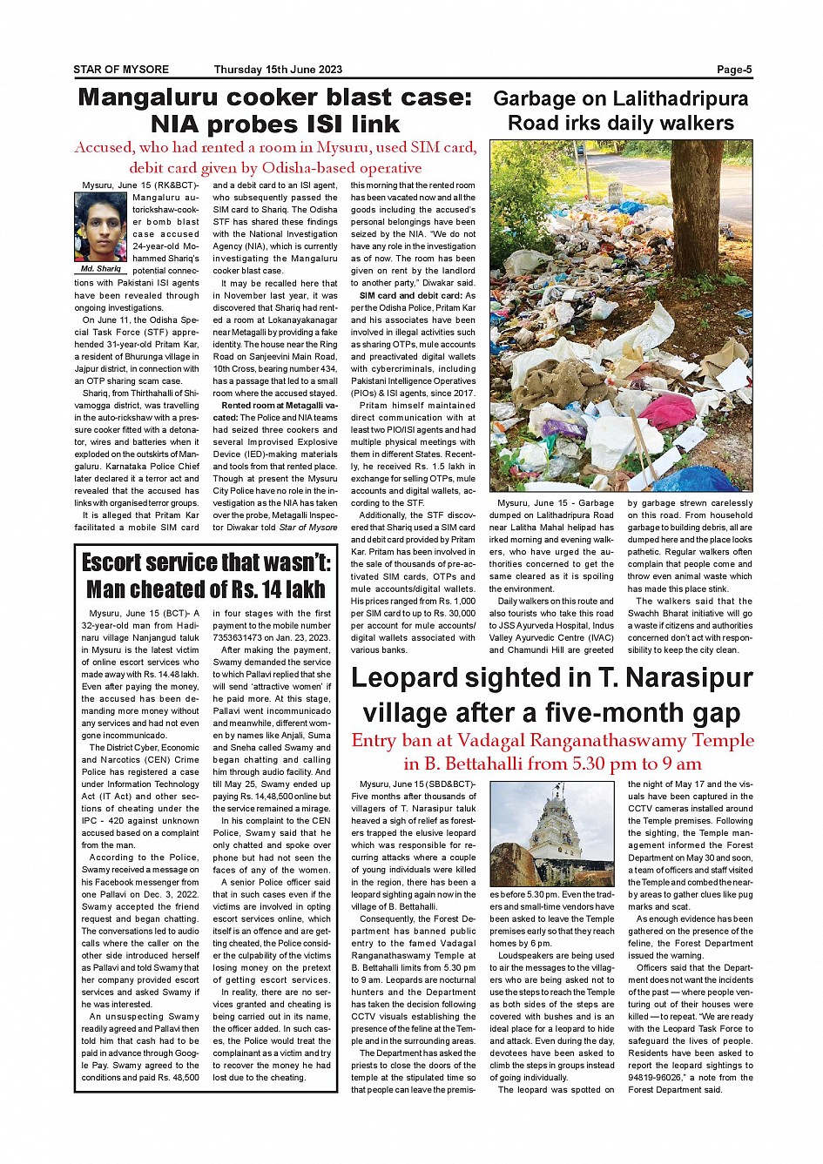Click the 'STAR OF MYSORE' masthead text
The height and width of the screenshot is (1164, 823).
[121, 70]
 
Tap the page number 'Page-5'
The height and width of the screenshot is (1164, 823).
[734, 70]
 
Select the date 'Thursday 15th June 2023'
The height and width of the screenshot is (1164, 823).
[278, 70]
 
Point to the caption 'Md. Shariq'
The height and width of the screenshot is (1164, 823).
[101, 269]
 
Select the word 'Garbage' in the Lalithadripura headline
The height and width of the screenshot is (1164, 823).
[534, 99]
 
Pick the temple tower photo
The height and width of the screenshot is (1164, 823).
[553, 833]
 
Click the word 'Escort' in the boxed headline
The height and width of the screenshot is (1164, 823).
[125, 562]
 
